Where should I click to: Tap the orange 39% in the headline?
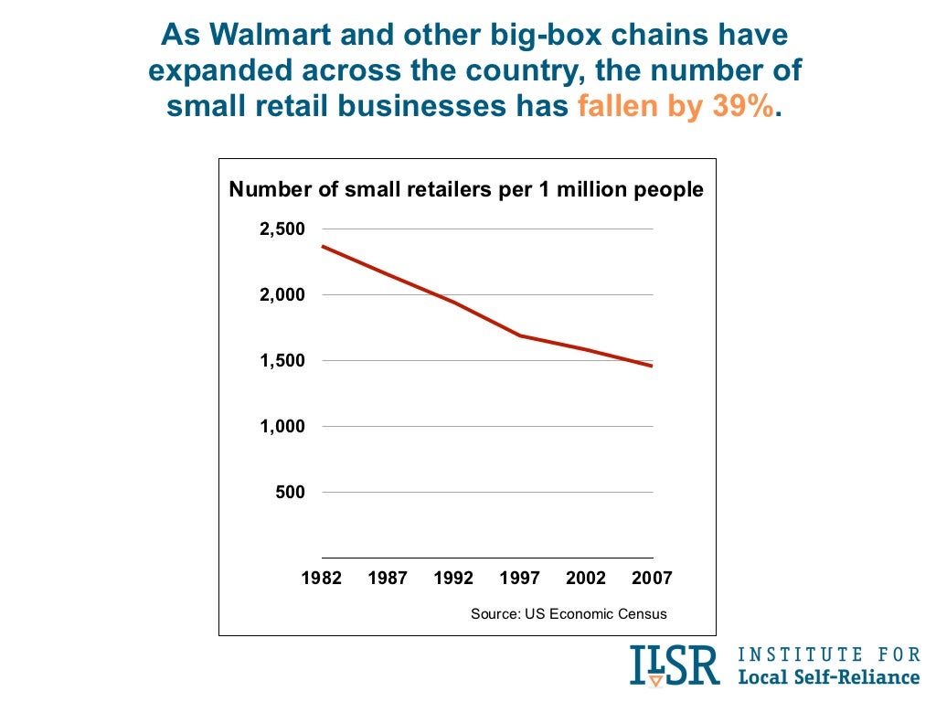tap(739, 107)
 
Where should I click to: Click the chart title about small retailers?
tap(466, 189)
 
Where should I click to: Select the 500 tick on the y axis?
tap(290, 493)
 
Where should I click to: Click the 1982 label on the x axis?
tap(322, 579)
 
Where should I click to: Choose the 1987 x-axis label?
tap(388, 579)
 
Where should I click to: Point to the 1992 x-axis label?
tap(454, 579)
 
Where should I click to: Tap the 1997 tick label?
tap(520, 579)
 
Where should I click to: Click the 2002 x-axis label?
tap(586, 579)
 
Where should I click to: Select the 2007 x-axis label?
tap(652, 579)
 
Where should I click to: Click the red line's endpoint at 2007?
tap(652, 366)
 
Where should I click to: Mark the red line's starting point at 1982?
tap(323, 246)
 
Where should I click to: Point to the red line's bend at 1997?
tap(520, 335)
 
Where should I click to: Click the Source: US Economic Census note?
tap(569, 613)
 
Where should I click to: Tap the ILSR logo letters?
tap(675, 665)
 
